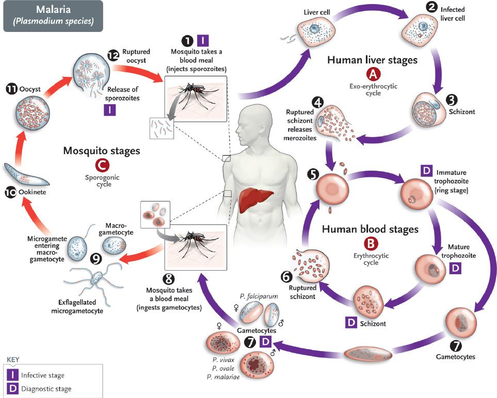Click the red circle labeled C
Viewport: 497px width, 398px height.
(x=101, y=164)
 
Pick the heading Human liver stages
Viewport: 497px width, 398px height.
(x=372, y=60)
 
